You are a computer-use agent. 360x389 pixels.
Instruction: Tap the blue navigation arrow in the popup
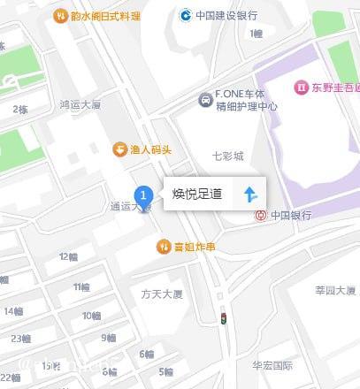coord(250,194)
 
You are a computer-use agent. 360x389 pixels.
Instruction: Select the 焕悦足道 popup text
coord(197,194)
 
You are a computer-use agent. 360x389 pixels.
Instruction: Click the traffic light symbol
coord(223,317)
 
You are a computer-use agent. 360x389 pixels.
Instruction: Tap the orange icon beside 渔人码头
coord(119,149)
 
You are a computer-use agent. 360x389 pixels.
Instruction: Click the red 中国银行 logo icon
coord(260,215)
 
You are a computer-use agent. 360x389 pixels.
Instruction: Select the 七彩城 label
coord(227,156)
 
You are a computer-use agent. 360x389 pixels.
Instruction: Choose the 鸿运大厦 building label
coord(81,104)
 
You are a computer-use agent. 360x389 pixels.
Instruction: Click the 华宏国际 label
coord(272,364)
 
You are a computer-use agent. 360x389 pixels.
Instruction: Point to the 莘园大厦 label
coord(334,290)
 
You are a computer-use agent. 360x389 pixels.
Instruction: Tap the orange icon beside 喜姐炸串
coord(163,246)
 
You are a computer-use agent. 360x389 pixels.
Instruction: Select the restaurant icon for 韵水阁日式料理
coord(60,15)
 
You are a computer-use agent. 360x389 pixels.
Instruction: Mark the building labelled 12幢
coord(69,256)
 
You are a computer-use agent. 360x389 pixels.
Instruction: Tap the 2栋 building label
coord(19,109)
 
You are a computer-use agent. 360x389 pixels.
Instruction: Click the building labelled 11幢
coord(81,286)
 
